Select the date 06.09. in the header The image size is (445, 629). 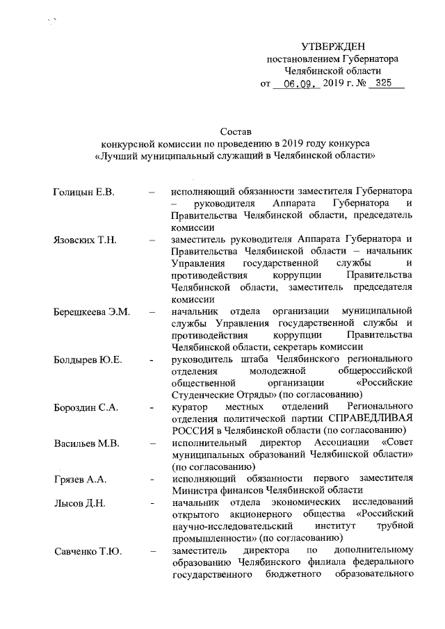coord(296,83)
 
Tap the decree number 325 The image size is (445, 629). coord(380,83)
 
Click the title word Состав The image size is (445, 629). coord(234,131)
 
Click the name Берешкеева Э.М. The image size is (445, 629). coord(92,311)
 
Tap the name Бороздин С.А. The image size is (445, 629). coord(88,407)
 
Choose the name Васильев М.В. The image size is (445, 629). coord(87,443)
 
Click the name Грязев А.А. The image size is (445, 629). coord(80,480)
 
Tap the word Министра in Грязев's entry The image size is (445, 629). coord(195,491)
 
